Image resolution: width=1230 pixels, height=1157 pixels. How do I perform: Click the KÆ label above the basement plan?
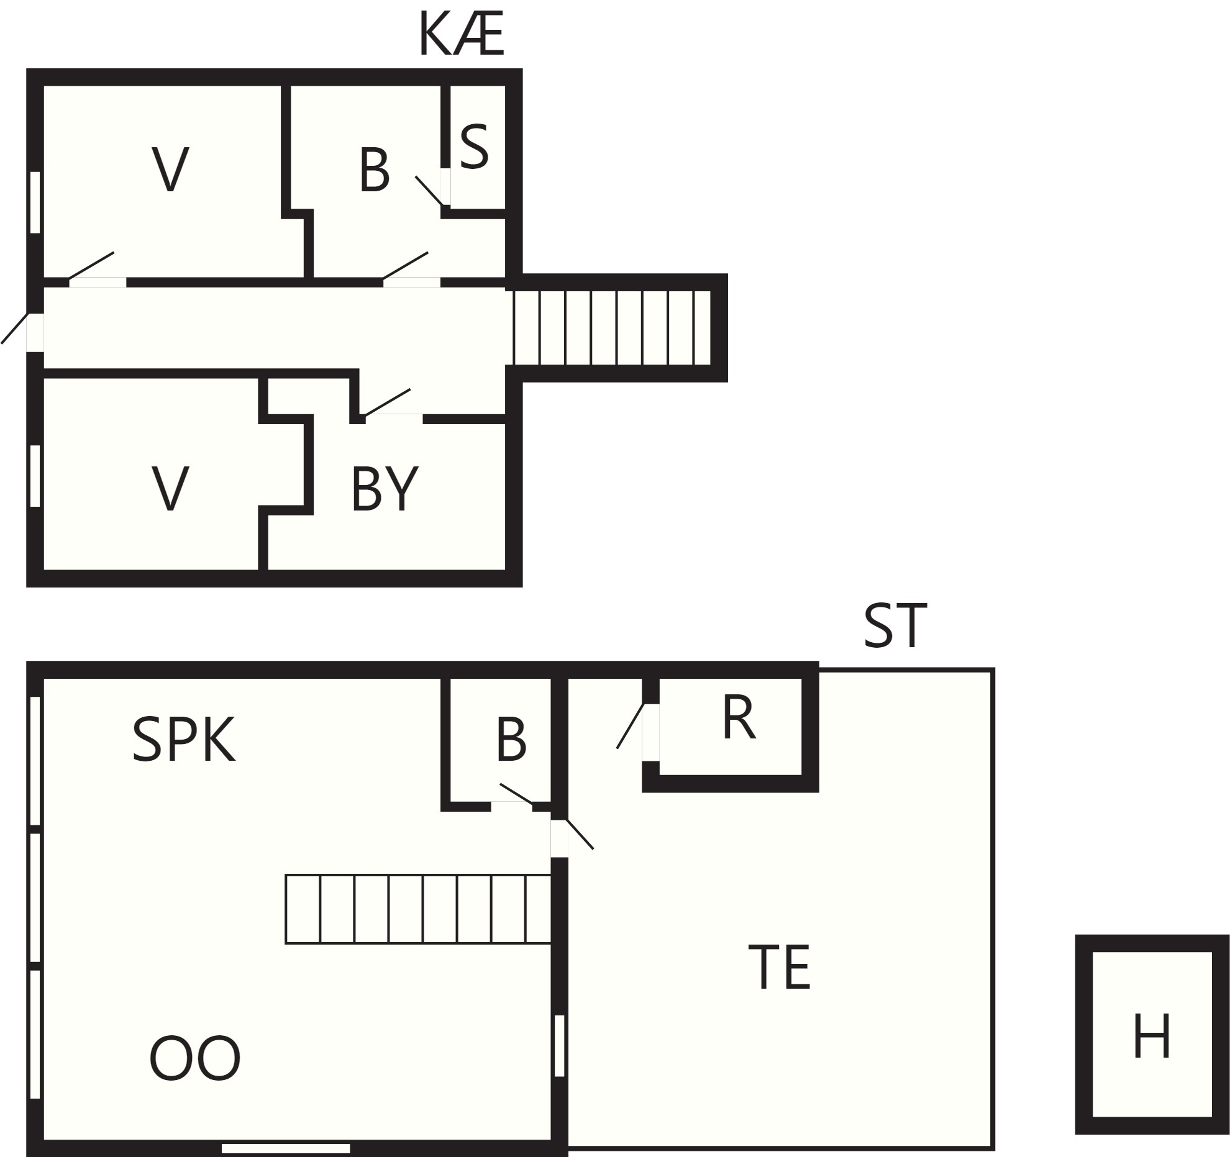point(461,34)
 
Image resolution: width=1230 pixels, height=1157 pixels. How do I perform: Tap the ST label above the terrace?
point(895,626)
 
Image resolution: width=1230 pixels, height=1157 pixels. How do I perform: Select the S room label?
point(474,147)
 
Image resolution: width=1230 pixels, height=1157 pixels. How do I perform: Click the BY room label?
point(385,489)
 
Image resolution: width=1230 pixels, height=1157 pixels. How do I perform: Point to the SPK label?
point(184,739)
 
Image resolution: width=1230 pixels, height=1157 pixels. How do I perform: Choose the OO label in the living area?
point(195,1058)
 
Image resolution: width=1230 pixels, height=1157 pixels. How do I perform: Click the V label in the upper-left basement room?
point(170,169)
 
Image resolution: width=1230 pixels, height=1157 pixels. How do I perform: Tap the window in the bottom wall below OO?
point(286,1149)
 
